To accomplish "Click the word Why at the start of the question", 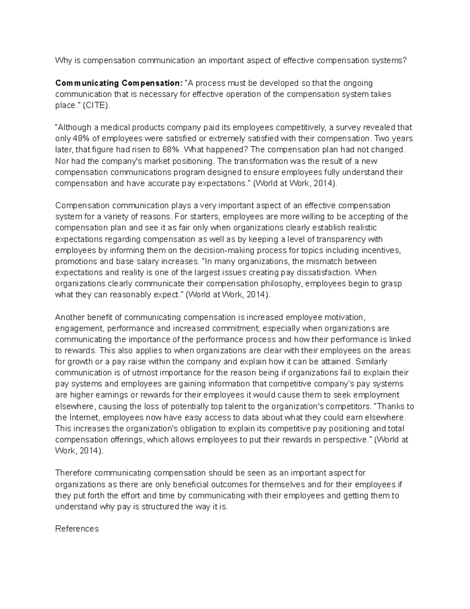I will [x=62, y=60].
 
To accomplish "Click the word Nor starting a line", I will [x=62, y=161].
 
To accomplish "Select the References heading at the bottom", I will [x=77, y=529].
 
